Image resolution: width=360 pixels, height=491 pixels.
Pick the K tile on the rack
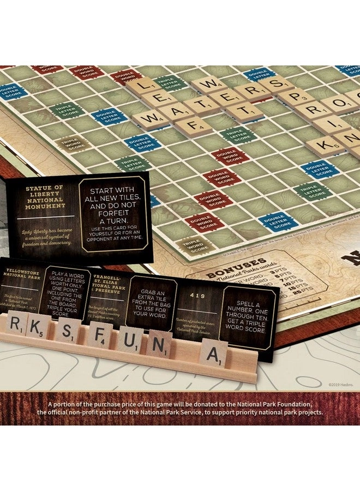tap(39, 327)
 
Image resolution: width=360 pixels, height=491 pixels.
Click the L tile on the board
tap(142, 86)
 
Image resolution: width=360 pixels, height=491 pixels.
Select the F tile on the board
tap(187, 128)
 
